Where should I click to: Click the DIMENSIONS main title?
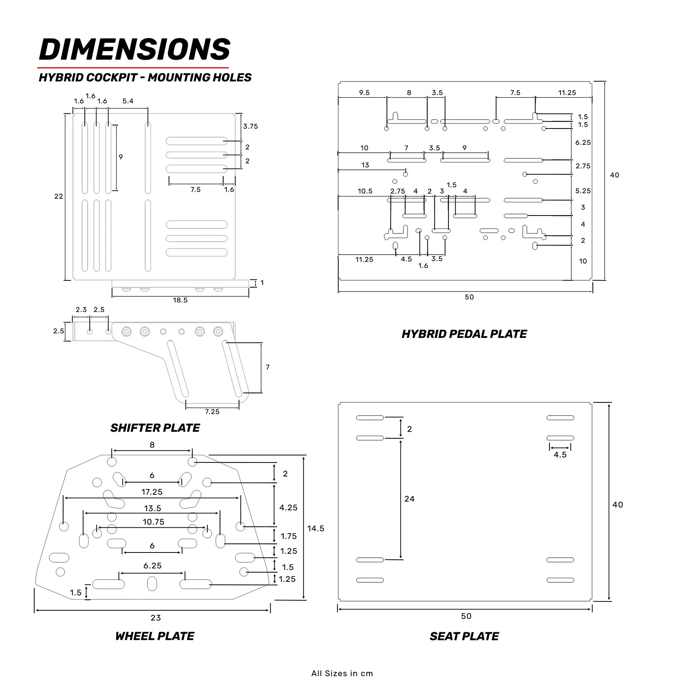(135, 49)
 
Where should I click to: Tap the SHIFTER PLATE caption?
(155, 428)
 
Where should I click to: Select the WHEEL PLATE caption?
(155, 636)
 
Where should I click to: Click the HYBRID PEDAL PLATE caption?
(464, 334)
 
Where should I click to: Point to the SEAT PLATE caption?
(464, 636)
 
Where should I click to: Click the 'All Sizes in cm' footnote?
(342, 674)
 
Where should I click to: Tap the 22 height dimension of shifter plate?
(59, 196)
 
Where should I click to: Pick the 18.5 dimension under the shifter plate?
(180, 300)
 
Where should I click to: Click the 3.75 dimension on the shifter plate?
(250, 127)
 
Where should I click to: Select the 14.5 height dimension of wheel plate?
(316, 528)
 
